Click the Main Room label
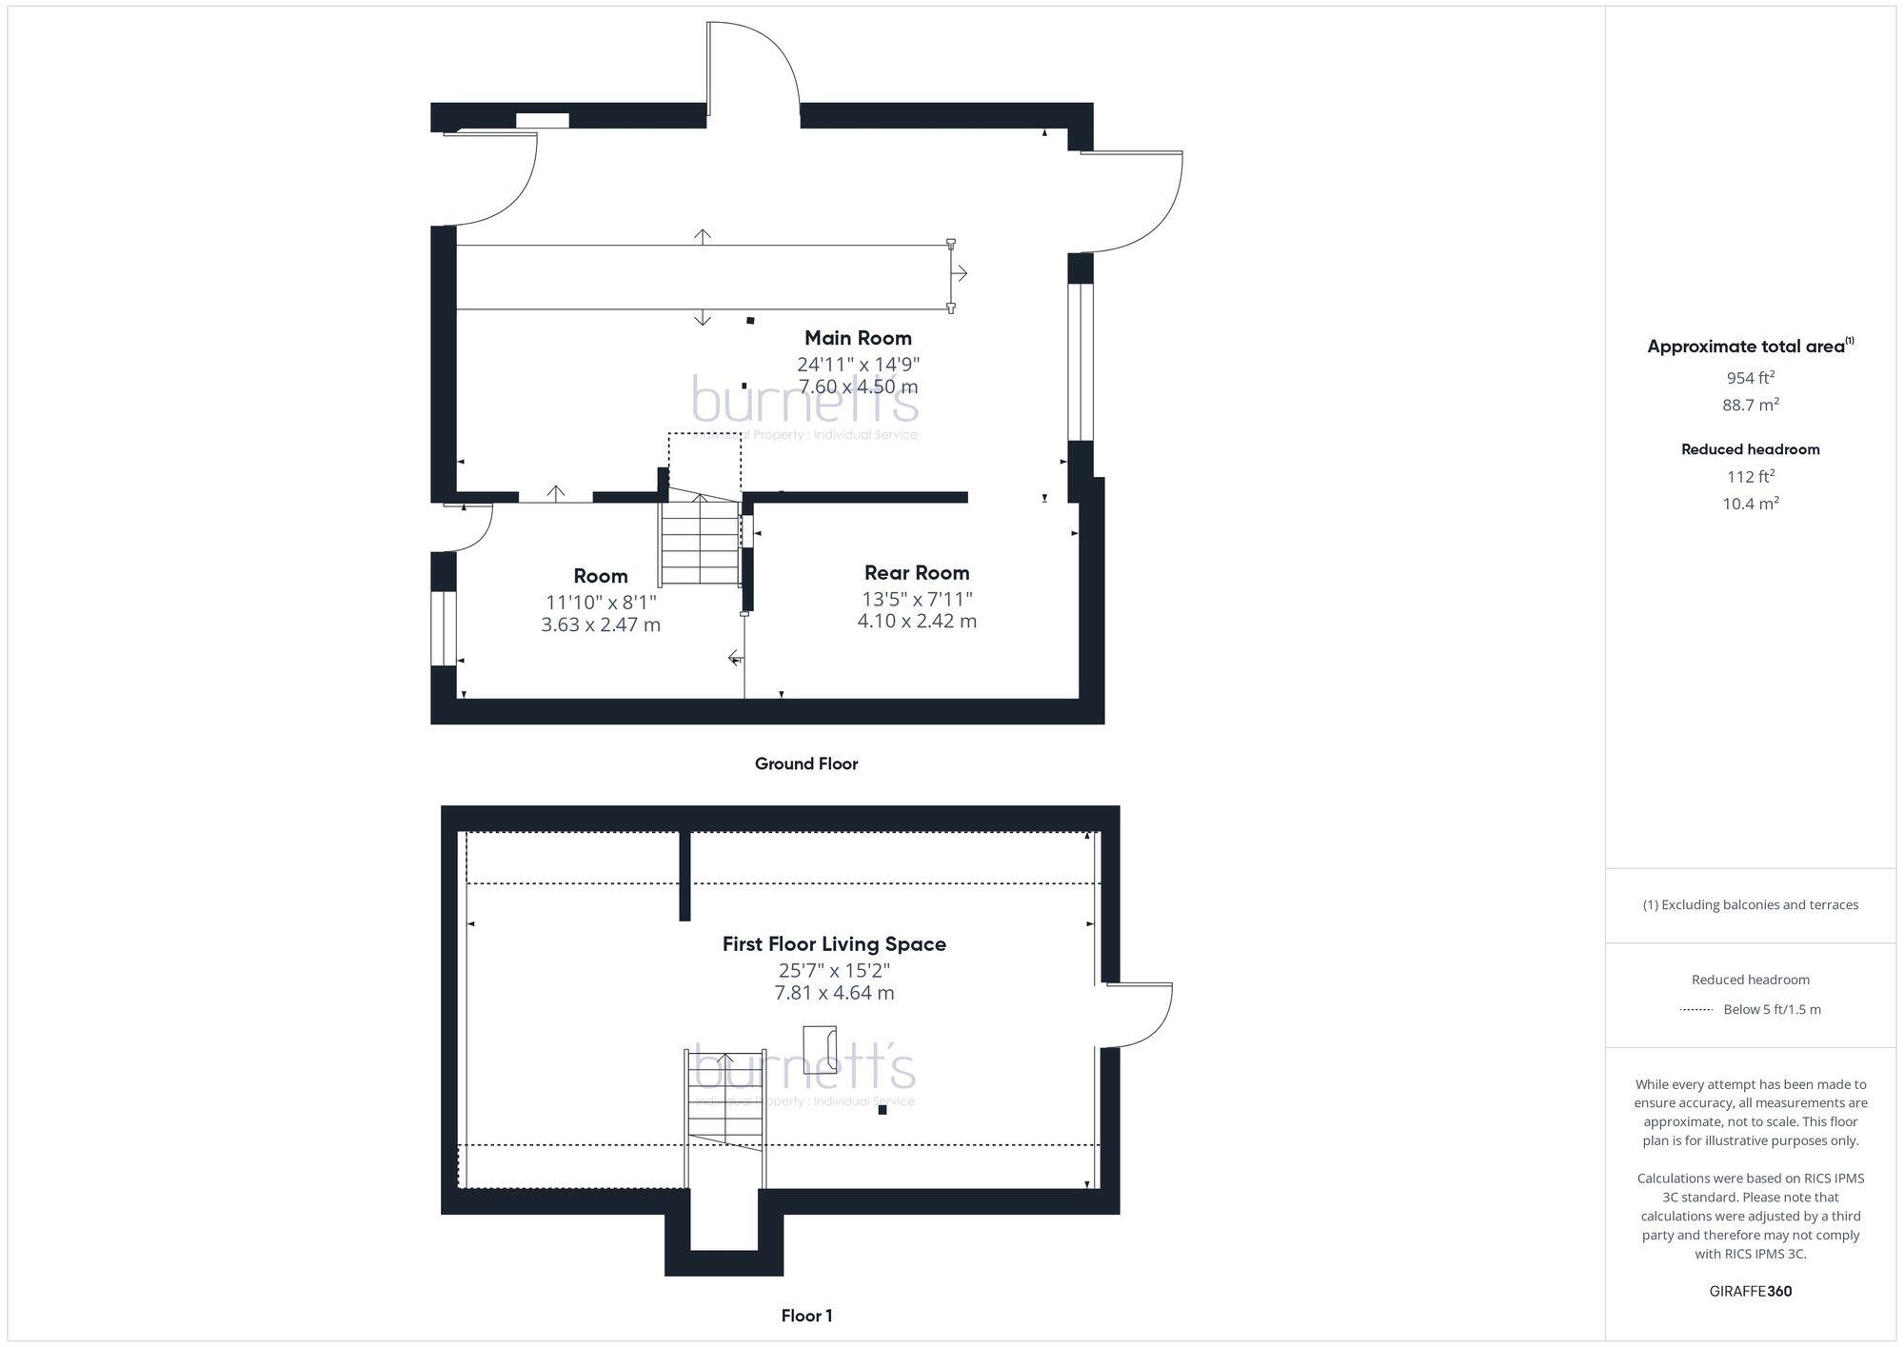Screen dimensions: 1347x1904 pyautogui.click(x=858, y=338)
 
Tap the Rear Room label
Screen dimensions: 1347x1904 pyautogui.click(x=917, y=573)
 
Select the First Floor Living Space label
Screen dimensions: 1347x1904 pyautogui.click(x=834, y=944)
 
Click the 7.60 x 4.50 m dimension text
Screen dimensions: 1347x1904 pyautogui.click(x=858, y=386)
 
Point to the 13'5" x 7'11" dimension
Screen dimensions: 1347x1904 pyautogui.click(x=917, y=599)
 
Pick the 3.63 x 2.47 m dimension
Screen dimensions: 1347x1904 pyautogui.click(x=601, y=624)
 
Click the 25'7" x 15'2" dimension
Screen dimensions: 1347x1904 pyautogui.click(x=834, y=971)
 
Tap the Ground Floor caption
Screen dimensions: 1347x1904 pyautogui.click(x=806, y=763)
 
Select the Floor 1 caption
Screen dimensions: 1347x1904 pyautogui.click(x=806, y=1316)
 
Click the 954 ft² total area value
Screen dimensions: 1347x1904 pyautogui.click(x=1750, y=378)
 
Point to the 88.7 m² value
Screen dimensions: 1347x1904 pyautogui.click(x=1750, y=405)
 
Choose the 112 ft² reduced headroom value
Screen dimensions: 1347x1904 pyautogui.click(x=1750, y=477)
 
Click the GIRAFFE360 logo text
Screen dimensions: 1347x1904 pyautogui.click(x=1750, y=1292)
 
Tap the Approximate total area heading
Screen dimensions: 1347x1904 pyautogui.click(x=1750, y=347)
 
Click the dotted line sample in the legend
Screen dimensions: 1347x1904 pyautogui.click(x=1696, y=1010)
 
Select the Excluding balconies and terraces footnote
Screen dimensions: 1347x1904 pyautogui.click(x=1750, y=905)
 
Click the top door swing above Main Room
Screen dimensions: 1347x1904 pyautogui.click(x=752, y=67)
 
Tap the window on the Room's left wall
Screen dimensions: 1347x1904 pyautogui.click(x=443, y=629)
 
